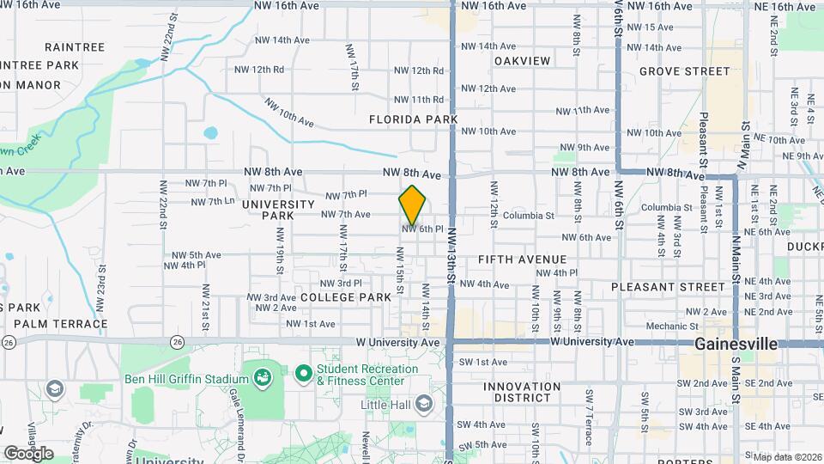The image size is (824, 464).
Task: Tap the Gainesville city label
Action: [736, 344]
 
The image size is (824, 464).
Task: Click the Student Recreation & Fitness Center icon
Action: [302, 374]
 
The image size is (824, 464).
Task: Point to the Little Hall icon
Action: [423, 403]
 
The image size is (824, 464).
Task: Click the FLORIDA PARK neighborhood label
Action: [414, 119]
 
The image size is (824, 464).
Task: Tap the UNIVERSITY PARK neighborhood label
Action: [279, 210]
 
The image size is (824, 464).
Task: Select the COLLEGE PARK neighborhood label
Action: [346, 296]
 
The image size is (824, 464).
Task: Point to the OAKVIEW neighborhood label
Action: [522, 61]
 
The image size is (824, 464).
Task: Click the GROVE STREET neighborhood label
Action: [684, 71]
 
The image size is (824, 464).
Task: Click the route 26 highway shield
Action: [9, 342]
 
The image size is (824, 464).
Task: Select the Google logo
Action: [28, 452]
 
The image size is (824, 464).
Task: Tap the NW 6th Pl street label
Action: [422, 229]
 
